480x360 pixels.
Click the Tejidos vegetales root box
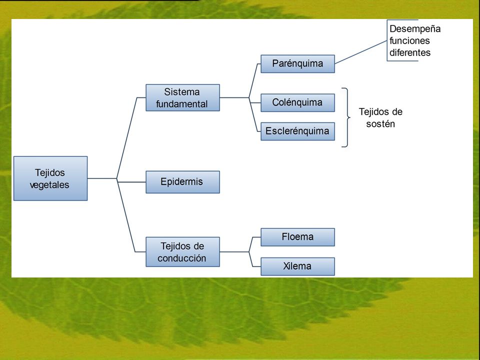coord(50,178)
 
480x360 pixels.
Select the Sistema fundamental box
coord(183,97)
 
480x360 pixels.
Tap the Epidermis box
coord(183,182)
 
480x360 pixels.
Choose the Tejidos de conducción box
coord(183,252)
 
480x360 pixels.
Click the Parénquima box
coord(297,63)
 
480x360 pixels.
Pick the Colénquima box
coord(297,102)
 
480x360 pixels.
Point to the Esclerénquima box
coord(297,131)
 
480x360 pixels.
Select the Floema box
coord(297,237)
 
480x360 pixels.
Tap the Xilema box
coord(297,266)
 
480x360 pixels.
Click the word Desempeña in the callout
coord(415,29)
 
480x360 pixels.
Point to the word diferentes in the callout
coord(410,52)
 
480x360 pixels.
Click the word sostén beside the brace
coord(380,124)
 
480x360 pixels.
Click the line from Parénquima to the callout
coord(361,52)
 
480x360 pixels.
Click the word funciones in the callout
coord(409,40)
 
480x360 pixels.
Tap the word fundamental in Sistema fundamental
coord(182,104)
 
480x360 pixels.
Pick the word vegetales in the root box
coord(49,185)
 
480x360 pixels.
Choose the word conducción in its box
coord(182,258)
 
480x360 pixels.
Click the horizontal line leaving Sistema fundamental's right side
coord(234,97)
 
